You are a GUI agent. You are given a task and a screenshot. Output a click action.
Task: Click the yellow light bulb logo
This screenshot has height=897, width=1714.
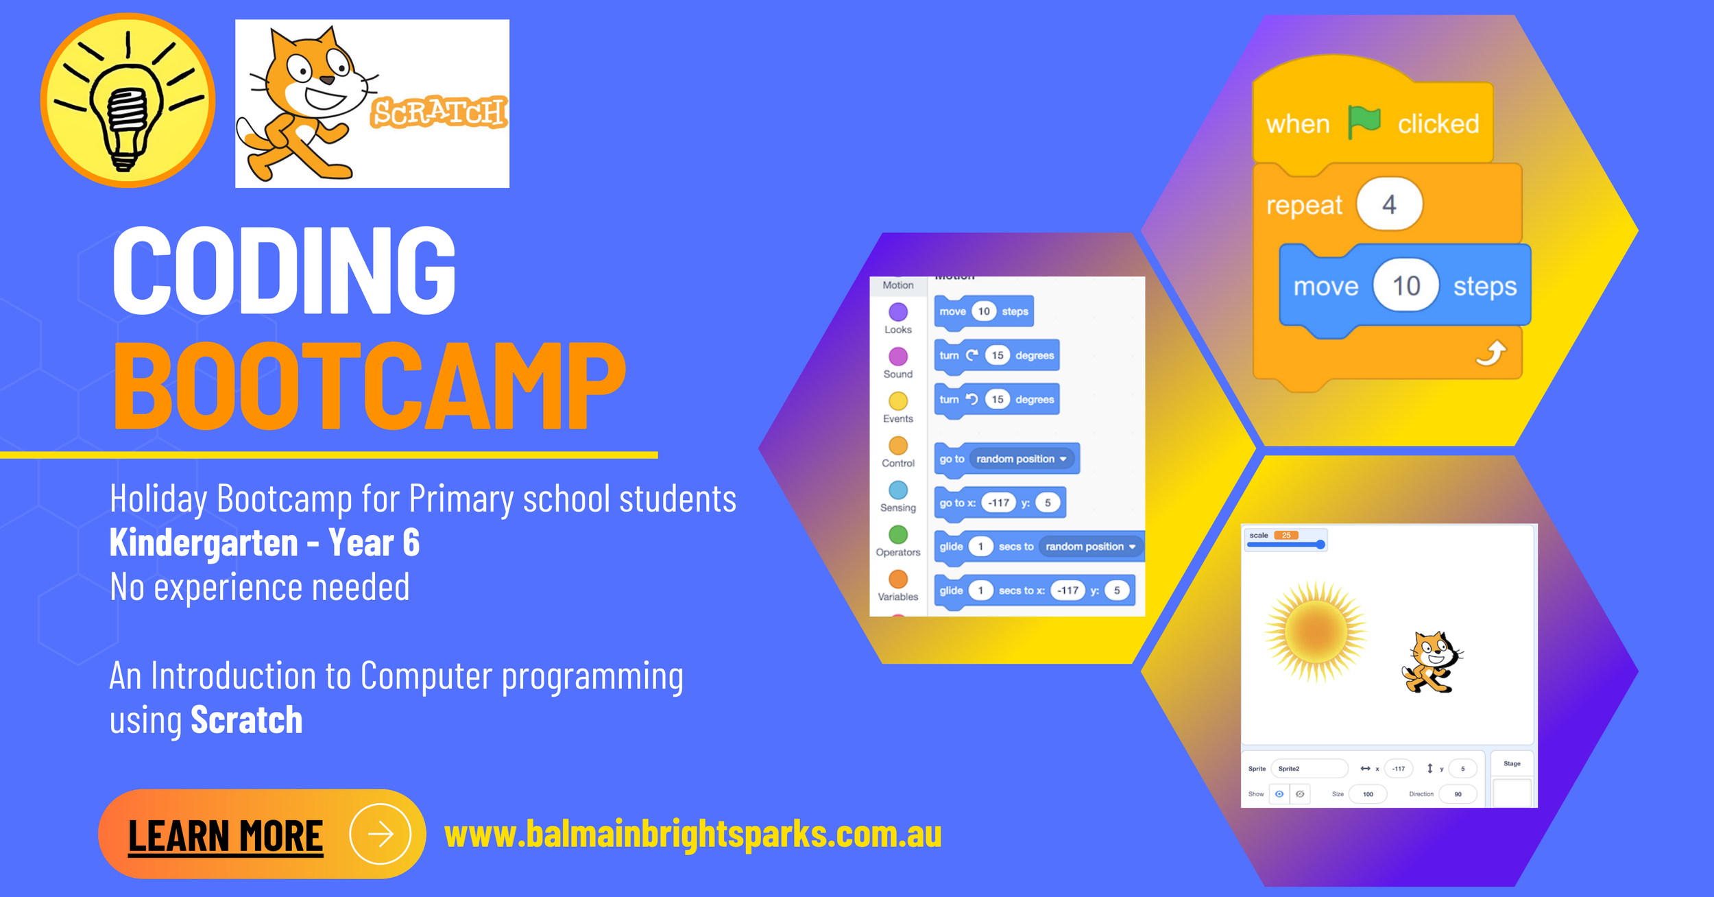tap(128, 100)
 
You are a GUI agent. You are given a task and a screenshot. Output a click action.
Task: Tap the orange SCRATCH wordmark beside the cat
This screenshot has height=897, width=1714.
tap(439, 112)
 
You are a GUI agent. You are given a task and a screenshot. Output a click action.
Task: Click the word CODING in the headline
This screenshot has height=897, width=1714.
tap(284, 270)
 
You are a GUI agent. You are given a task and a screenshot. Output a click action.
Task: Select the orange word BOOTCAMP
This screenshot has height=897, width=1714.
tap(369, 385)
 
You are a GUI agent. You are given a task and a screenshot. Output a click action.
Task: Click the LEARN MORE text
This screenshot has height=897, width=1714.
tap(226, 836)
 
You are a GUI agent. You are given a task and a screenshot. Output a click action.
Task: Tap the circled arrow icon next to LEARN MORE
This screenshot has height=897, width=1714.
tap(380, 834)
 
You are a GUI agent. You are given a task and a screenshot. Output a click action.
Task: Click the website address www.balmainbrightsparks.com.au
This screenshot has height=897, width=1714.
tap(692, 835)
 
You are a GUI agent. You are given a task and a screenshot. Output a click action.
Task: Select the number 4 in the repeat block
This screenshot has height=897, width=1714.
tap(1389, 204)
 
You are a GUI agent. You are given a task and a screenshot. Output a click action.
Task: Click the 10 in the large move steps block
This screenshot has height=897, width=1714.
tap(1405, 286)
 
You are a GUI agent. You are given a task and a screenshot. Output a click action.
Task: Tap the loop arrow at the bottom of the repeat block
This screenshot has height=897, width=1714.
tap(1490, 353)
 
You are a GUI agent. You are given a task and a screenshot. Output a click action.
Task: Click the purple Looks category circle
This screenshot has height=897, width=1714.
tap(898, 312)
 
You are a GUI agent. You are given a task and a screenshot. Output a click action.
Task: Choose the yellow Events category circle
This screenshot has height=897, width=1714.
tap(898, 401)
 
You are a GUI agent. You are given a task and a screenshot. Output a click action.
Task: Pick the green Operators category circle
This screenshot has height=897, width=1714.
tap(898, 534)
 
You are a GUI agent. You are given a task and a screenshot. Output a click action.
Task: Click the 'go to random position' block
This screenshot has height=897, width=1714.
tap(1006, 459)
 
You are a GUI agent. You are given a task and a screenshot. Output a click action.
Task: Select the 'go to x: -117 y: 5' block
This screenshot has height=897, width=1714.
tap(1000, 503)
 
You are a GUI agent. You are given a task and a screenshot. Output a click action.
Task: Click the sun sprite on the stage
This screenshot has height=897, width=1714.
tap(1315, 631)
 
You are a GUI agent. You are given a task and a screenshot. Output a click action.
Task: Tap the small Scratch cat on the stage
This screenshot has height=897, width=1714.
tap(1432, 662)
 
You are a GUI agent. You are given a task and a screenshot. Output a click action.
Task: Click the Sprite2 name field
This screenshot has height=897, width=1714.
tap(1308, 769)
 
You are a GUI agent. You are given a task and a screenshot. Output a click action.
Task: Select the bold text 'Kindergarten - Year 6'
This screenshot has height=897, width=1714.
tap(265, 543)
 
